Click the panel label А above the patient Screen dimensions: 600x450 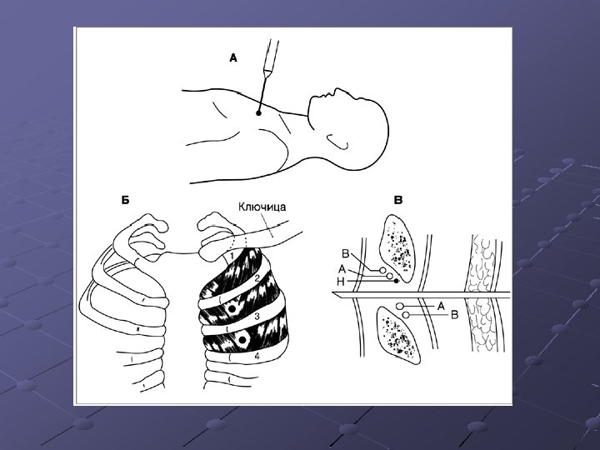233,58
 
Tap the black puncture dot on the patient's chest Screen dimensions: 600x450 258,113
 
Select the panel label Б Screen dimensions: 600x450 125,200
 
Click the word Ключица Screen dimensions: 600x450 262,207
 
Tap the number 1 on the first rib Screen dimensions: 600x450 232,254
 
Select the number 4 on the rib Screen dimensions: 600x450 257,356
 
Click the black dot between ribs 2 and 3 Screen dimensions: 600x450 231,308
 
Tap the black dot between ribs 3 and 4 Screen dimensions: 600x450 242,339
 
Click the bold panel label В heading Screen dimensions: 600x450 398,200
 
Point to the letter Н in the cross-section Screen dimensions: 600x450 341,282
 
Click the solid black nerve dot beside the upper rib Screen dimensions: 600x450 396,281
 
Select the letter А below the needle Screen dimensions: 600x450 441,306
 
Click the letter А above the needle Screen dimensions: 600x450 342,270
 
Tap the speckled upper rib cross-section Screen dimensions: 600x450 397,248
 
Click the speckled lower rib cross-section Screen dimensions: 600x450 398,335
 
